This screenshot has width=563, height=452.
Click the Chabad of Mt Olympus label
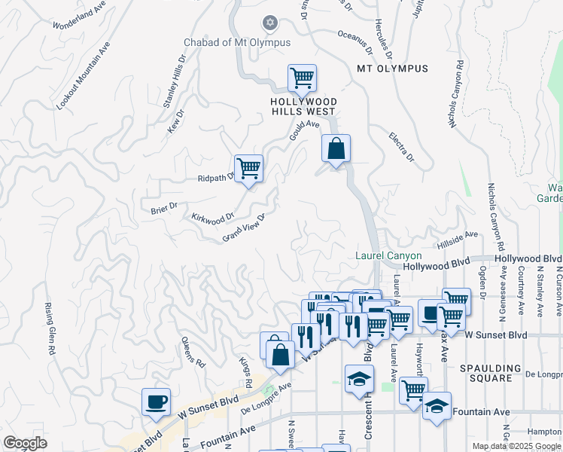[237, 42]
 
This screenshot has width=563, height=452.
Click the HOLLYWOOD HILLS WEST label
[304, 106]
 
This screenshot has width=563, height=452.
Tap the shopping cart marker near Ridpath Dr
[248, 169]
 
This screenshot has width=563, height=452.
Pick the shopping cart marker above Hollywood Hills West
[302, 78]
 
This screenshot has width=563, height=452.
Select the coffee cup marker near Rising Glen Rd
[156, 402]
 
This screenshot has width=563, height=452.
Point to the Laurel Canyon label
[388, 256]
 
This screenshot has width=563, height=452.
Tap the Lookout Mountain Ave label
[84, 76]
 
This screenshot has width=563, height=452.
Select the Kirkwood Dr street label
[213, 218]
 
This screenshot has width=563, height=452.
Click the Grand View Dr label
[245, 228]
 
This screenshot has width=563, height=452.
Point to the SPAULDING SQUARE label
[490, 374]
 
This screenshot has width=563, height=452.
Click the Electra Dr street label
[402, 147]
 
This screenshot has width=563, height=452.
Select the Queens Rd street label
[193, 352]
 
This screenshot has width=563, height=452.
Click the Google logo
[25, 443]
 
